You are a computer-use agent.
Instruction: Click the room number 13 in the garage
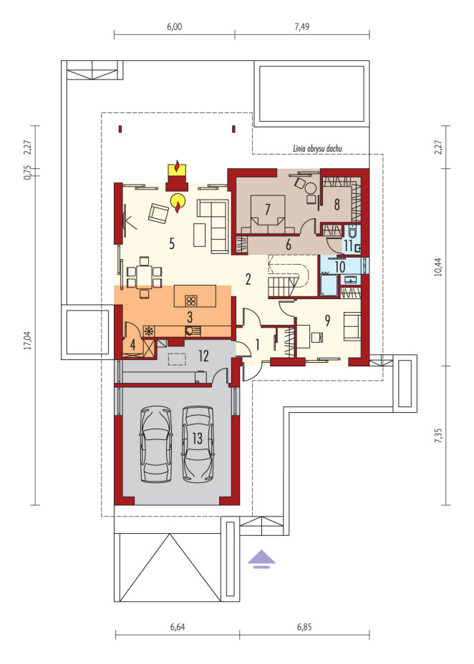[198, 439]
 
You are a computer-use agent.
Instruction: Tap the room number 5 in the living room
[172, 243]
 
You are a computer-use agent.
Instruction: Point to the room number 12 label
[203, 356]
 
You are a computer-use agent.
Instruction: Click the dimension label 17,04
[29, 340]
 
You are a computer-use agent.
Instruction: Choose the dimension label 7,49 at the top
[301, 26]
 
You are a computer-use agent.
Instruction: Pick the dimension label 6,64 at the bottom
[178, 628]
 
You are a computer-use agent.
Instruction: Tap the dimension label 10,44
[438, 266]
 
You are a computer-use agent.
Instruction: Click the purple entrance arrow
[262, 558]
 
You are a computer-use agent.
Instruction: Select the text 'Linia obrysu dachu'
[318, 148]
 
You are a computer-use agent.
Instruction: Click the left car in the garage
[156, 444]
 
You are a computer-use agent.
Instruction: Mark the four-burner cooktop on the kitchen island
[190, 301]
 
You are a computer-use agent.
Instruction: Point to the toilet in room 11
[352, 232]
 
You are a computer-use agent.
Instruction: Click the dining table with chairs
[144, 276]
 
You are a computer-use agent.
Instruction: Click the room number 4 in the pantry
[132, 345]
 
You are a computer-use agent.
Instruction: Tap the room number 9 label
[327, 321]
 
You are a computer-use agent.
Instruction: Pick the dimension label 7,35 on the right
[438, 435]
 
